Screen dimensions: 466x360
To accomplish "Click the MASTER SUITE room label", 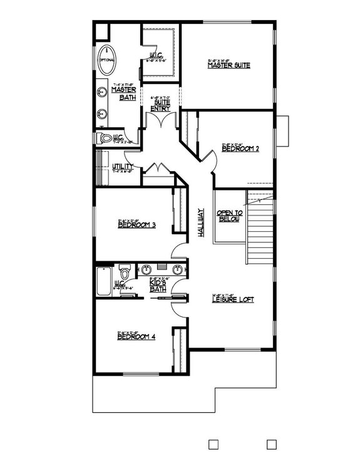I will [x=229, y=65].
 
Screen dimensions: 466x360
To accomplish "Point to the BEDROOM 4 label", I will [x=136, y=337].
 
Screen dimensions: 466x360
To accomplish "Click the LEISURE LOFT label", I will [x=234, y=299].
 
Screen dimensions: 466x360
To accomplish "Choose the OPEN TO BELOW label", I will [x=229, y=217].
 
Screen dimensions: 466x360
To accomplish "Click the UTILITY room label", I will [x=123, y=166].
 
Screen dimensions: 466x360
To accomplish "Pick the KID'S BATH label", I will [x=157, y=286].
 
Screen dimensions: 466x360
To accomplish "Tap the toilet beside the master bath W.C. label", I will [x=106, y=138].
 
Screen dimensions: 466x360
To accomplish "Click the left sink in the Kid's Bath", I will [x=147, y=271].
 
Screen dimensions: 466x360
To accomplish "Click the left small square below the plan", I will [x=212, y=444].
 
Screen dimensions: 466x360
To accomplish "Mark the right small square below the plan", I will [x=271, y=444].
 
